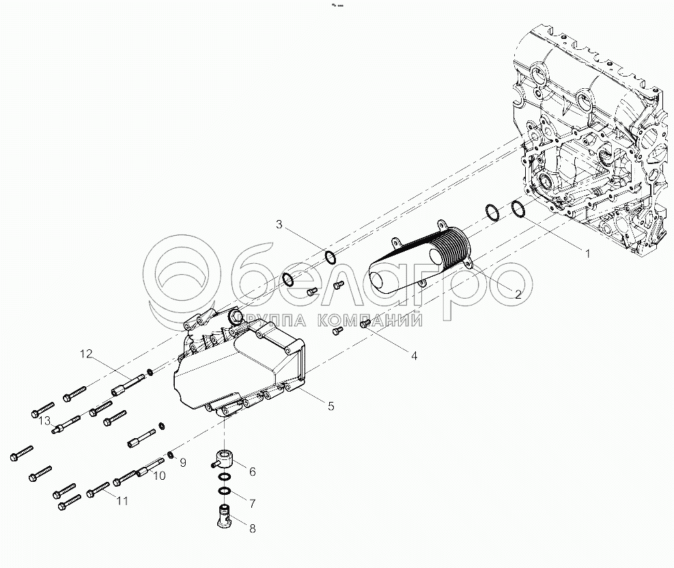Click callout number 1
pyautogui.click(x=586, y=253)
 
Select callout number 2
pyautogui.click(x=518, y=295)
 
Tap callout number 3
pyautogui.click(x=279, y=224)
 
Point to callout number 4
pyautogui.click(x=413, y=355)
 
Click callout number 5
pyautogui.click(x=331, y=406)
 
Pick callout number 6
pyautogui.click(x=252, y=472)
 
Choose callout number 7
pyautogui.click(x=252, y=504)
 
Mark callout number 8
pyautogui.click(x=252, y=528)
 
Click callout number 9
pyautogui.click(x=182, y=463)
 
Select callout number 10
pyautogui.click(x=158, y=476)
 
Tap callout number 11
pyautogui.click(x=122, y=501)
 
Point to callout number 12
pyautogui.click(x=85, y=353)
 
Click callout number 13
pyautogui.click(x=44, y=420)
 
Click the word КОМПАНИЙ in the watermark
pyautogui.click(x=361, y=319)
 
